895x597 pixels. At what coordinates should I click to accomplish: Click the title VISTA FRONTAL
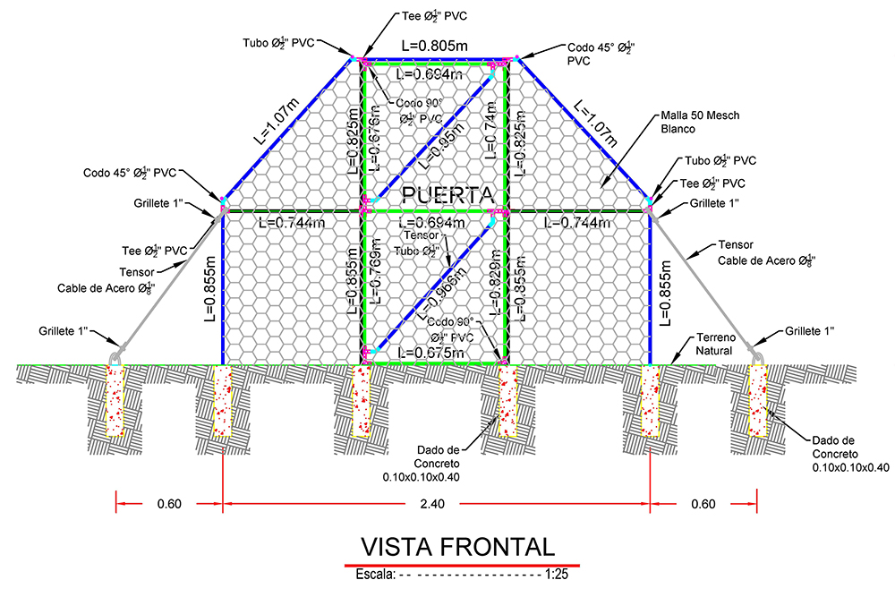457,546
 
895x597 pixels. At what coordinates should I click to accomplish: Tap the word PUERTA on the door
447,194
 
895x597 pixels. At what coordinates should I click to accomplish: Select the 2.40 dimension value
432,504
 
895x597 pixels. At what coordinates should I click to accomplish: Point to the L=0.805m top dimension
436,44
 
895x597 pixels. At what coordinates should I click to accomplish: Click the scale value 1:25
557,574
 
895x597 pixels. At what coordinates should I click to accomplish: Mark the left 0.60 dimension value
169,504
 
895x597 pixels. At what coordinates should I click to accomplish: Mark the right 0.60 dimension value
703,504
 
